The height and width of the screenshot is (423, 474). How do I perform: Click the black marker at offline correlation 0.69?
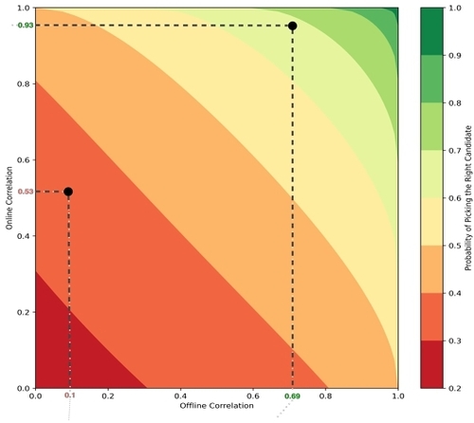tap(293, 26)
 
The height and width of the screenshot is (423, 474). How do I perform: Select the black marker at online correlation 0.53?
tap(68, 192)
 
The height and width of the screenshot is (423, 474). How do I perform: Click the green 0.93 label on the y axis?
tap(26, 26)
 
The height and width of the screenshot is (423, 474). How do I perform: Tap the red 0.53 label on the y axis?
tap(26, 192)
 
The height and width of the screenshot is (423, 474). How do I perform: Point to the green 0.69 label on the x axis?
tap(293, 395)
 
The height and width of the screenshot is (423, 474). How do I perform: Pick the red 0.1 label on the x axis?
tap(70, 395)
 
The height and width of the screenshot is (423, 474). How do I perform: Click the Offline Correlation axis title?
tap(217, 406)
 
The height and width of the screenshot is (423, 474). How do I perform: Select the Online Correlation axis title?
tap(9, 198)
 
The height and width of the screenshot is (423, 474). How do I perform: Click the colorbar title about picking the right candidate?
tap(468, 198)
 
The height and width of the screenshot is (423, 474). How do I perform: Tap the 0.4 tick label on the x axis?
tap(180, 395)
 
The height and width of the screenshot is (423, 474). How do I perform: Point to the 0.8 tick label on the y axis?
tap(23, 84)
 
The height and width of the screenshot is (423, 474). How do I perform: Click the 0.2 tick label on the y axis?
tap(23, 312)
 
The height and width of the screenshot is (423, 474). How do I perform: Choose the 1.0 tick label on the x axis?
tap(398, 395)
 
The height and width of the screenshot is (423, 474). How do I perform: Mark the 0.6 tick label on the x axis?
tap(253, 395)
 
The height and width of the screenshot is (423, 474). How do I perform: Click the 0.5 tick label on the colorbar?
tap(455, 246)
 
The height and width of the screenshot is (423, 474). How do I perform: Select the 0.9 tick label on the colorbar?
tap(455, 56)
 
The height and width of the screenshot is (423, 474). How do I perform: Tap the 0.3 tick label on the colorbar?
tap(455, 340)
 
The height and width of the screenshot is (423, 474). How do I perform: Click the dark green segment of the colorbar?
tap(431, 31)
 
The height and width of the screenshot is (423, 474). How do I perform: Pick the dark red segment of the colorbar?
tap(431, 364)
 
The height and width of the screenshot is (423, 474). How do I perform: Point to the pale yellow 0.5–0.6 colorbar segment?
tap(431, 222)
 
